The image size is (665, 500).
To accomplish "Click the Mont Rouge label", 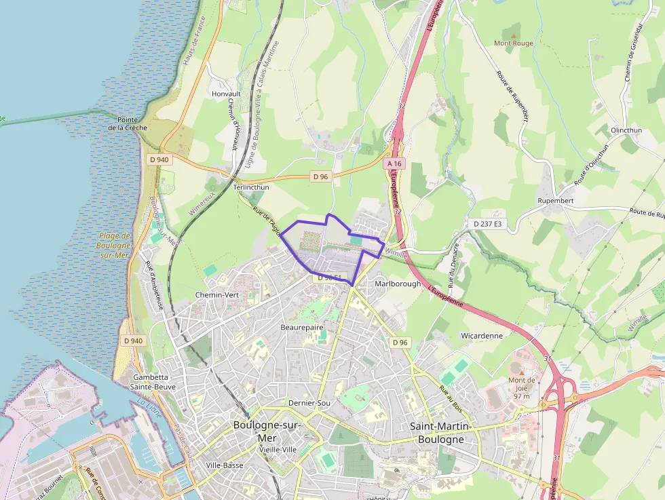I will tap(513, 43).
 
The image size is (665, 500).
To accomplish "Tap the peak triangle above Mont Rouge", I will tap(514, 34).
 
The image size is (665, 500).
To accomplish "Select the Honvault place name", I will tap(226, 94).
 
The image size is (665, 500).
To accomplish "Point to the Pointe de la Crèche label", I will tap(128, 123).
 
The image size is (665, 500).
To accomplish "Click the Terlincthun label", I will tap(251, 187).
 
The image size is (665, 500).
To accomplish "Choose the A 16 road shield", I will tap(395, 164).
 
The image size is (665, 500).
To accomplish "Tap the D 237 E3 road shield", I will tap(487, 223).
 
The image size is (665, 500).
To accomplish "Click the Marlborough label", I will tap(398, 284).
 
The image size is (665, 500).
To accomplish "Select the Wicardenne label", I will tap(481, 335).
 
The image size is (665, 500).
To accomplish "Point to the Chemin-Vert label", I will tap(217, 295).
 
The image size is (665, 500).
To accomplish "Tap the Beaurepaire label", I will tap(302, 327).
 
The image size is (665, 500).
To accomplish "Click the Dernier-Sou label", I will tap(309, 403).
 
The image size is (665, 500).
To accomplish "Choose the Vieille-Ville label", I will tap(278, 449).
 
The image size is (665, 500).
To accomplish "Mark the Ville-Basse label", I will tap(225, 465).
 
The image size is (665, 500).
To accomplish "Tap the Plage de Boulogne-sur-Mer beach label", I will tap(113, 245).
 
